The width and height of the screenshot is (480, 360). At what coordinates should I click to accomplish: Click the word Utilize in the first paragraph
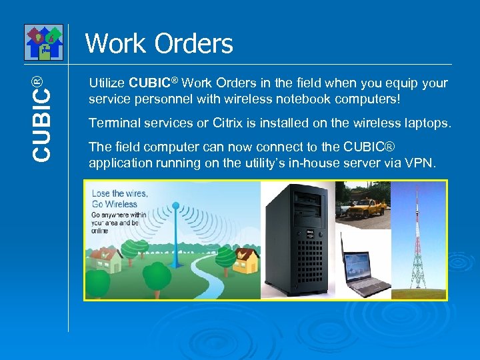pyautogui.click(x=107, y=83)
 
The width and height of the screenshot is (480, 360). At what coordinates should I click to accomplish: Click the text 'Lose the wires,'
pyautogui.click(x=120, y=193)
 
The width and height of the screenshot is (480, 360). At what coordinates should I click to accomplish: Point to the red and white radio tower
pyautogui.click(x=419, y=240)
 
